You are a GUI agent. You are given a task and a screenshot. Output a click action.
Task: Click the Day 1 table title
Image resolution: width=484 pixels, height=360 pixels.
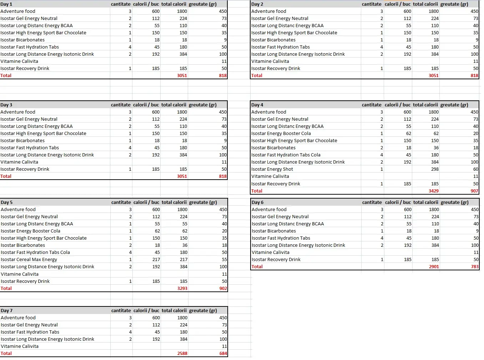[x=6, y=4]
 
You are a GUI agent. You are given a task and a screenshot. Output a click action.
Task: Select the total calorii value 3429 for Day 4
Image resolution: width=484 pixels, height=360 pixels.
[x=433, y=191]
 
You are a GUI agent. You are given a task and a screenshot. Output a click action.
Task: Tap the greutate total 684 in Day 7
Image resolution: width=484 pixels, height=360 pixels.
[x=223, y=354]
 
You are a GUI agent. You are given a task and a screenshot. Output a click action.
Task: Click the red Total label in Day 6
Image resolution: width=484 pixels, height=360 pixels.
[x=257, y=267]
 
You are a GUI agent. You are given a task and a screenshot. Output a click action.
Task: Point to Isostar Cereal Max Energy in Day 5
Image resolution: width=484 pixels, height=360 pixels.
[x=29, y=260]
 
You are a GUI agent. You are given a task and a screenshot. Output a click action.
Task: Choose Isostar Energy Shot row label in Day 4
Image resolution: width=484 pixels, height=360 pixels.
[x=272, y=169]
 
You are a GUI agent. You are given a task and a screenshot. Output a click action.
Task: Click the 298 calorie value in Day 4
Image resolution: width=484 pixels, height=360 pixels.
[x=434, y=169]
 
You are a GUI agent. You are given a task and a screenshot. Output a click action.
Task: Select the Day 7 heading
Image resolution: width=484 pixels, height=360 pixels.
[x=7, y=311]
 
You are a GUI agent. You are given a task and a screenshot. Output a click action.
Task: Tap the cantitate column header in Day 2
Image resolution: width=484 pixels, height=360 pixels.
[x=371, y=4]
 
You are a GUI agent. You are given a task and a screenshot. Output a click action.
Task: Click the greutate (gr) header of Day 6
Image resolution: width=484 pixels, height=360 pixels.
[x=454, y=202]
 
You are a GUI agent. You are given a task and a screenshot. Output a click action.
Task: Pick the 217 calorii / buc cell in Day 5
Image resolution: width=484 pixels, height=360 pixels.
[x=156, y=260]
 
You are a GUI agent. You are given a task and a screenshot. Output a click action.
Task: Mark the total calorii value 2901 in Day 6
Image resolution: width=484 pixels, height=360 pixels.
[x=434, y=267]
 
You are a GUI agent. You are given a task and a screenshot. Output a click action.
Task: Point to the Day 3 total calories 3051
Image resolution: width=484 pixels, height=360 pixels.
[x=182, y=176]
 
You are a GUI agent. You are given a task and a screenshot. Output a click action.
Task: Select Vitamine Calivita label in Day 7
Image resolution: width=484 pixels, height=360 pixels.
[x=20, y=346]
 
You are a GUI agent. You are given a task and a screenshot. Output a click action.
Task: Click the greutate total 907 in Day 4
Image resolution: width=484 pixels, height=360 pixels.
[x=474, y=191]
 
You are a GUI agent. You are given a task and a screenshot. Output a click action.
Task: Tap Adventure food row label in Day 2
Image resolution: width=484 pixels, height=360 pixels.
[x=268, y=11]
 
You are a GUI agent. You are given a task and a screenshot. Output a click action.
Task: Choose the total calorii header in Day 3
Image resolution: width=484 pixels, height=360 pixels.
[x=173, y=105]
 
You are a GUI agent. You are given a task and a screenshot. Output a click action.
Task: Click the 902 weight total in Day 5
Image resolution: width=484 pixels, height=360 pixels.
[x=223, y=289]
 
